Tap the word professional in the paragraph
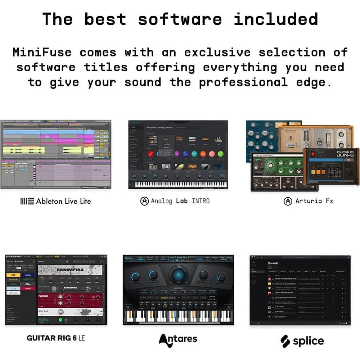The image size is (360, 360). pos(243,82)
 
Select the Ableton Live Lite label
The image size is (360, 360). pos(63,201)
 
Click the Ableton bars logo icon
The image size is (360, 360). pos(27,201)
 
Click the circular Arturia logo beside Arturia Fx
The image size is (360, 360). pos(288,201)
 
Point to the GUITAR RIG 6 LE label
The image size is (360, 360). pos(56,338)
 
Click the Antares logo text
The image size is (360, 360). pos(178,339)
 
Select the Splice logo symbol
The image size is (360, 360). pos(285,341)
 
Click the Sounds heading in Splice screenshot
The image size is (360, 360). pos(273,263)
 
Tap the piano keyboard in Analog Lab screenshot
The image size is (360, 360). pos(178,184)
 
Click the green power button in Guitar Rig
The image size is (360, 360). pos(60,320)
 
